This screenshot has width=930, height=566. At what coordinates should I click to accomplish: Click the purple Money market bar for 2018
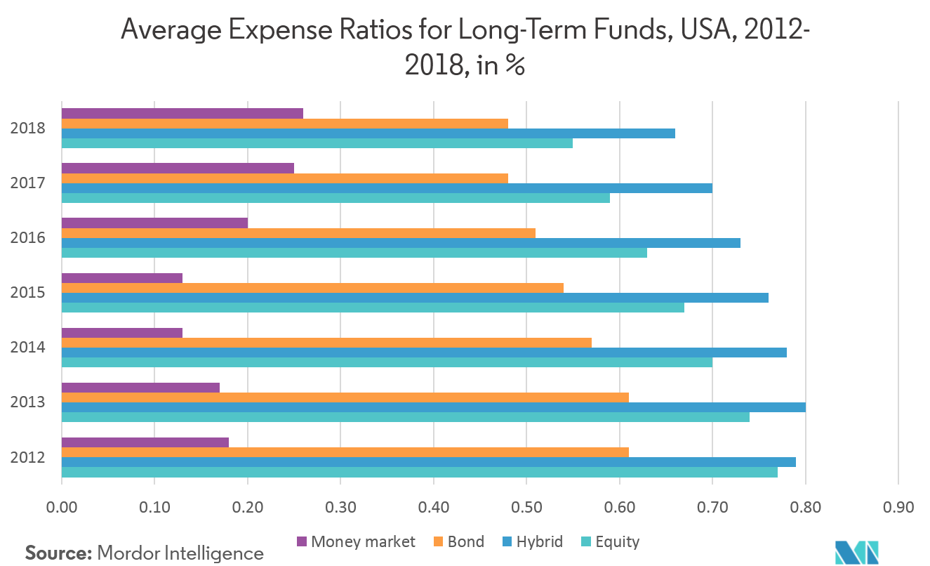(182, 114)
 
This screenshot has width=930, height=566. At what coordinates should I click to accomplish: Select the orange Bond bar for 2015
(312, 288)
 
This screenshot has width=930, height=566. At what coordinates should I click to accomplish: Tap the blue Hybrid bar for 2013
(433, 407)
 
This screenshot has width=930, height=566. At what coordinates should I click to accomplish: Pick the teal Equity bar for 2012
(420, 472)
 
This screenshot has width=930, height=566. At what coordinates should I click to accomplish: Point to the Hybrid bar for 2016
(401, 243)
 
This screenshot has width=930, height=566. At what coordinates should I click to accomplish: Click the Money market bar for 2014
(122, 333)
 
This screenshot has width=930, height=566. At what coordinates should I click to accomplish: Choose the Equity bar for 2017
(336, 198)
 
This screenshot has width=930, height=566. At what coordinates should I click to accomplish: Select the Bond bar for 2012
(345, 452)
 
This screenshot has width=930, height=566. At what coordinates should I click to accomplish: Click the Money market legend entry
(356, 541)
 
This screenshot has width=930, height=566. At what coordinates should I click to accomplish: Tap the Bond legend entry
(458, 541)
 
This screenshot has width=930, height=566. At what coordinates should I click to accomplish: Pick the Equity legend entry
(610, 541)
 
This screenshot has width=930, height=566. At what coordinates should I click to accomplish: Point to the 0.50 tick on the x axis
(526, 506)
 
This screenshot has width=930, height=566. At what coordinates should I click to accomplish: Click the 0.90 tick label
(898, 506)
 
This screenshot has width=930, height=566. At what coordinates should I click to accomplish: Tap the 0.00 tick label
(62, 506)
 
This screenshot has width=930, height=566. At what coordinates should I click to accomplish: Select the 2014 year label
(28, 348)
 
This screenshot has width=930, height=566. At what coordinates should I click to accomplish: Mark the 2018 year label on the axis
(28, 129)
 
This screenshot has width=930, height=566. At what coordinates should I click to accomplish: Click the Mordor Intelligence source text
(180, 553)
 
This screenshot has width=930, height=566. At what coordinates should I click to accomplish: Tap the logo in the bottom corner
(856, 552)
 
